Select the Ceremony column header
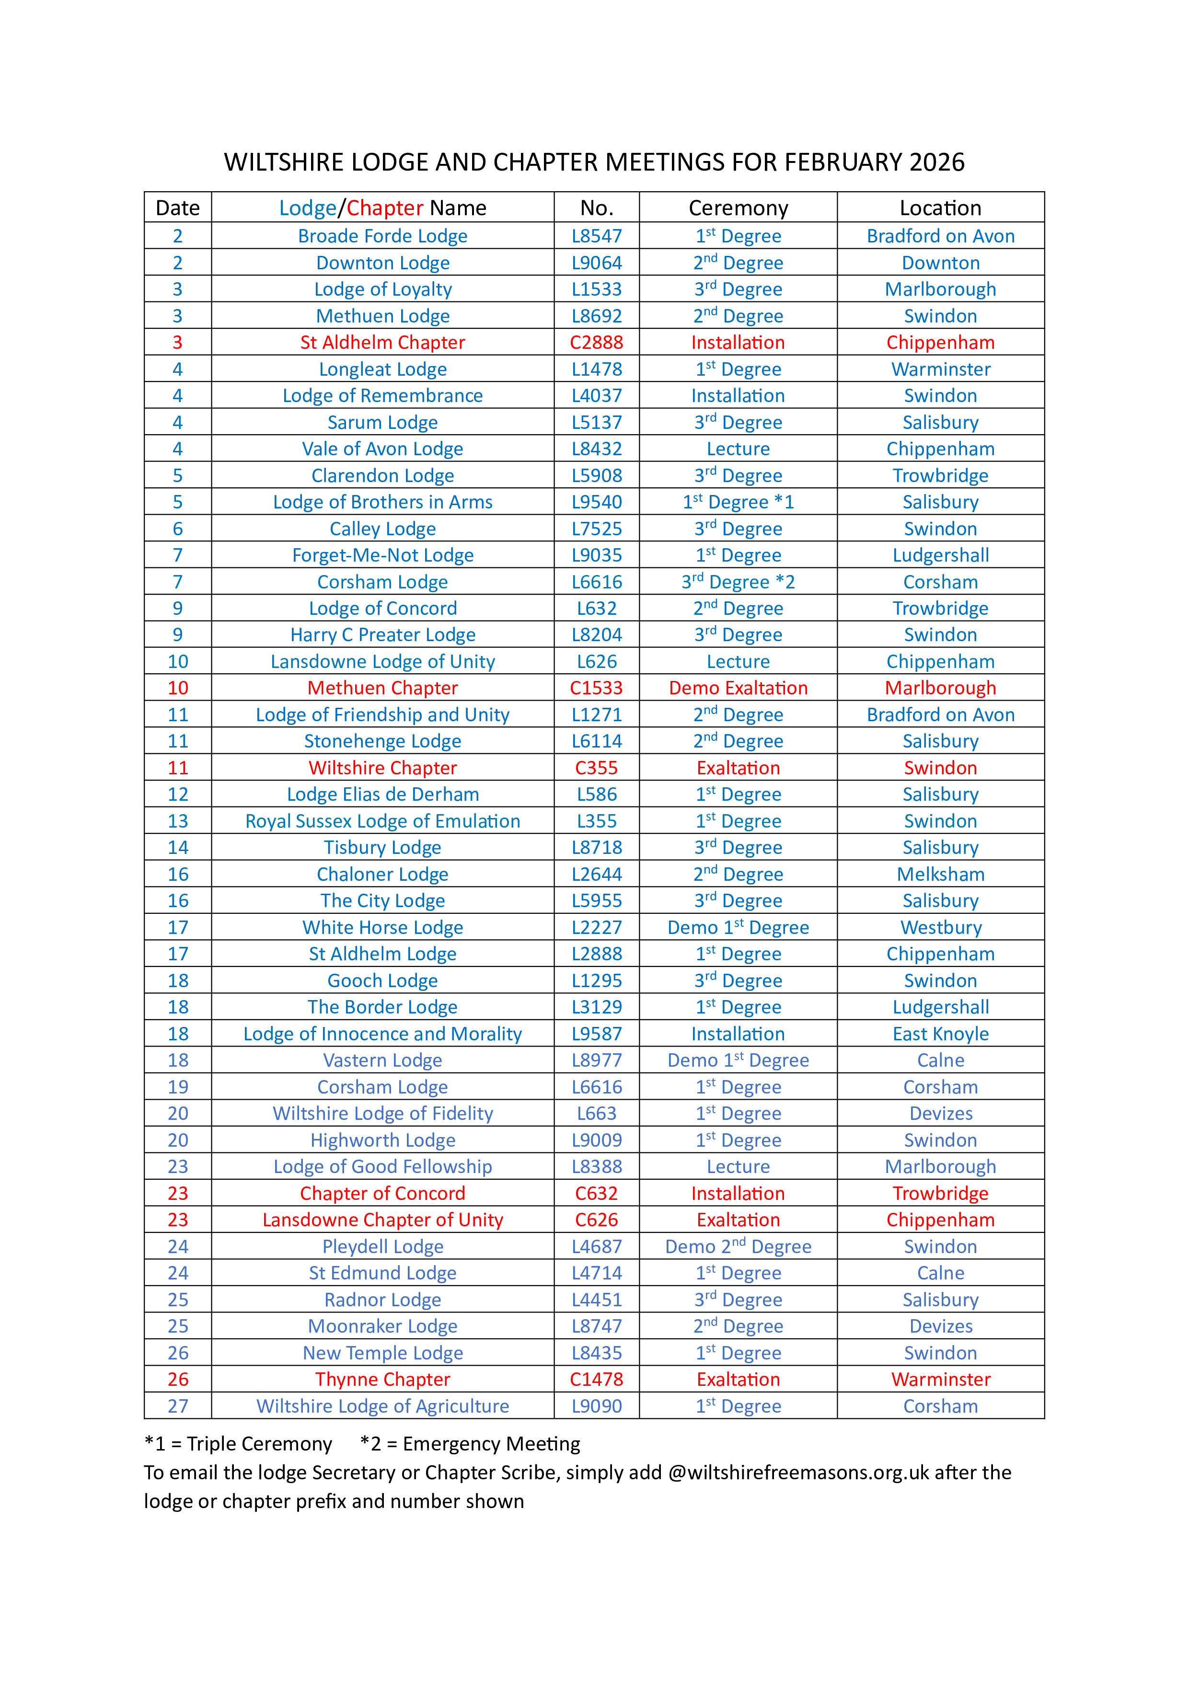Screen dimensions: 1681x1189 pos(738,208)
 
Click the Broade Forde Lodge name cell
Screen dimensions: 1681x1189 pos(382,236)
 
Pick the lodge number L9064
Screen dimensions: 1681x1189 pos(597,263)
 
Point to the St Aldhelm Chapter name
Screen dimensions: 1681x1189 pos(382,343)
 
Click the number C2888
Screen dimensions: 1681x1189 pos(597,343)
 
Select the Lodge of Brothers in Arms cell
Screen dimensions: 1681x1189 pos(382,502)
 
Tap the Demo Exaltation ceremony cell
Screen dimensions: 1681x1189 pos(738,688)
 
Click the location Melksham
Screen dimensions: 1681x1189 pos(941,874)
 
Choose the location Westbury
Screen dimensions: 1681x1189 pos(941,928)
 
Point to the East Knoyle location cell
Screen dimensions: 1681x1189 pos(941,1034)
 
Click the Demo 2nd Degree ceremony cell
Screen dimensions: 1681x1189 pos(738,1247)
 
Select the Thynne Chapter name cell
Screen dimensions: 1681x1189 pos(382,1380)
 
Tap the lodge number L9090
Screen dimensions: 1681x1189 pos(597,1406)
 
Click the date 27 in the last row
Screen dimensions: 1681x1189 pos(178,1406)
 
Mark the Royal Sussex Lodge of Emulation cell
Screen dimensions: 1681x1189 pos(382,821)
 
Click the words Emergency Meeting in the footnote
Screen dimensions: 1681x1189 pos(491,1444)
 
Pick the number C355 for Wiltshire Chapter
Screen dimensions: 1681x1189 pos(597,768)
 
